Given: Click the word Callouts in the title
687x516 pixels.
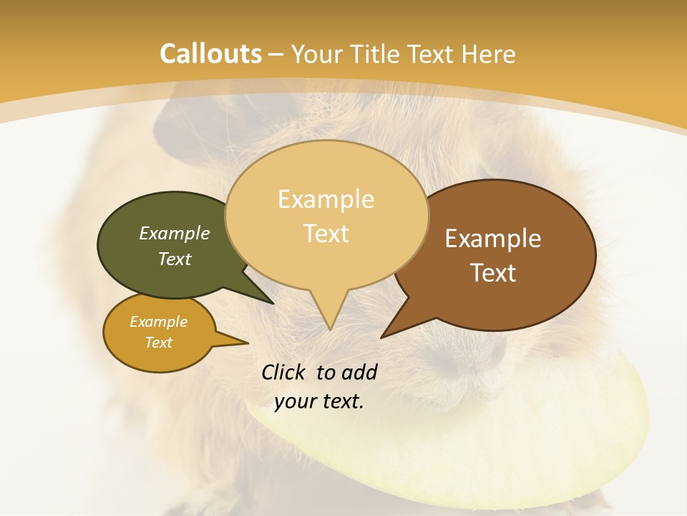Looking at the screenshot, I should [x=210, y=54].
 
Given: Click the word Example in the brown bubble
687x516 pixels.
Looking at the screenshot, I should [x=493, y=239].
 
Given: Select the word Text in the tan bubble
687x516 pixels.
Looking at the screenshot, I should [x=326, y=233].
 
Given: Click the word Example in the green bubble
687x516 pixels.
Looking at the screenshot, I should [x=175, y=233].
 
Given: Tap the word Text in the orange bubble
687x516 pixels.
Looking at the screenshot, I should [x=159, y=343].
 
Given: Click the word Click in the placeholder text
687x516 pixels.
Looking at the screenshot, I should [x=284, y=372].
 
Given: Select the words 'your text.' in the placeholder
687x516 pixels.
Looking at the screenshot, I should [x=319, y=401].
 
